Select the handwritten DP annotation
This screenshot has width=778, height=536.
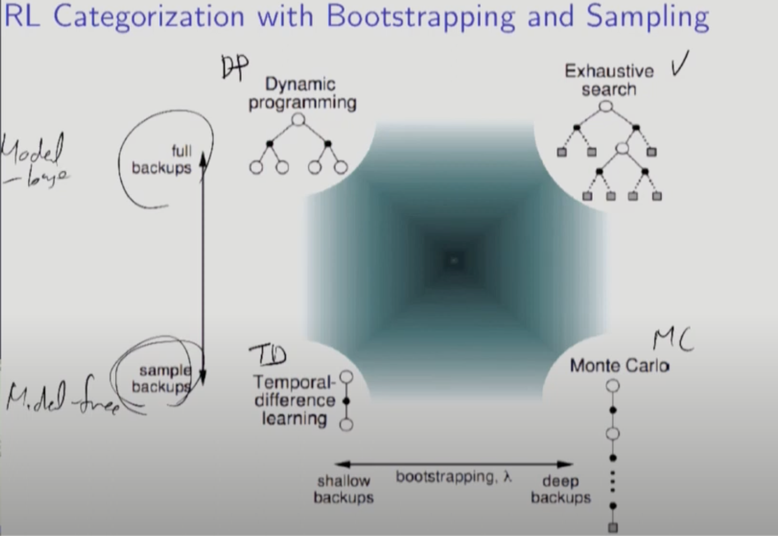coord(235,67)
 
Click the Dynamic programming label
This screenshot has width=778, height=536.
coord(301,93)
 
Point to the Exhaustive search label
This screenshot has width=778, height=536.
coord(609,80)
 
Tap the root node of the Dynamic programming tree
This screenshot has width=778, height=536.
coord(299,119)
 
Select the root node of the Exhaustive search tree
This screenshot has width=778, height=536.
coord(605,106)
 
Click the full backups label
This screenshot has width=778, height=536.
coord(162,159)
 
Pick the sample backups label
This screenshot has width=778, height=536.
coord(162,378)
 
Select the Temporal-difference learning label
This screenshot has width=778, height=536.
coord(294,400)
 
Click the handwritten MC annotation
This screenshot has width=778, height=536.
coord(673,340)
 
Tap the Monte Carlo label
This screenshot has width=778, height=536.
coord(619,366)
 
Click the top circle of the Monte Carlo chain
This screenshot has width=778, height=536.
coord(613,386)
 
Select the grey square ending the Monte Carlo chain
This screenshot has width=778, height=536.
coord(613,527)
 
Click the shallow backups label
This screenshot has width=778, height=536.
coord(343,489)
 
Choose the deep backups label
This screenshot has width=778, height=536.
coord(561,489)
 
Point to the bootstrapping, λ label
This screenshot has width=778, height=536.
coord(454,477)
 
